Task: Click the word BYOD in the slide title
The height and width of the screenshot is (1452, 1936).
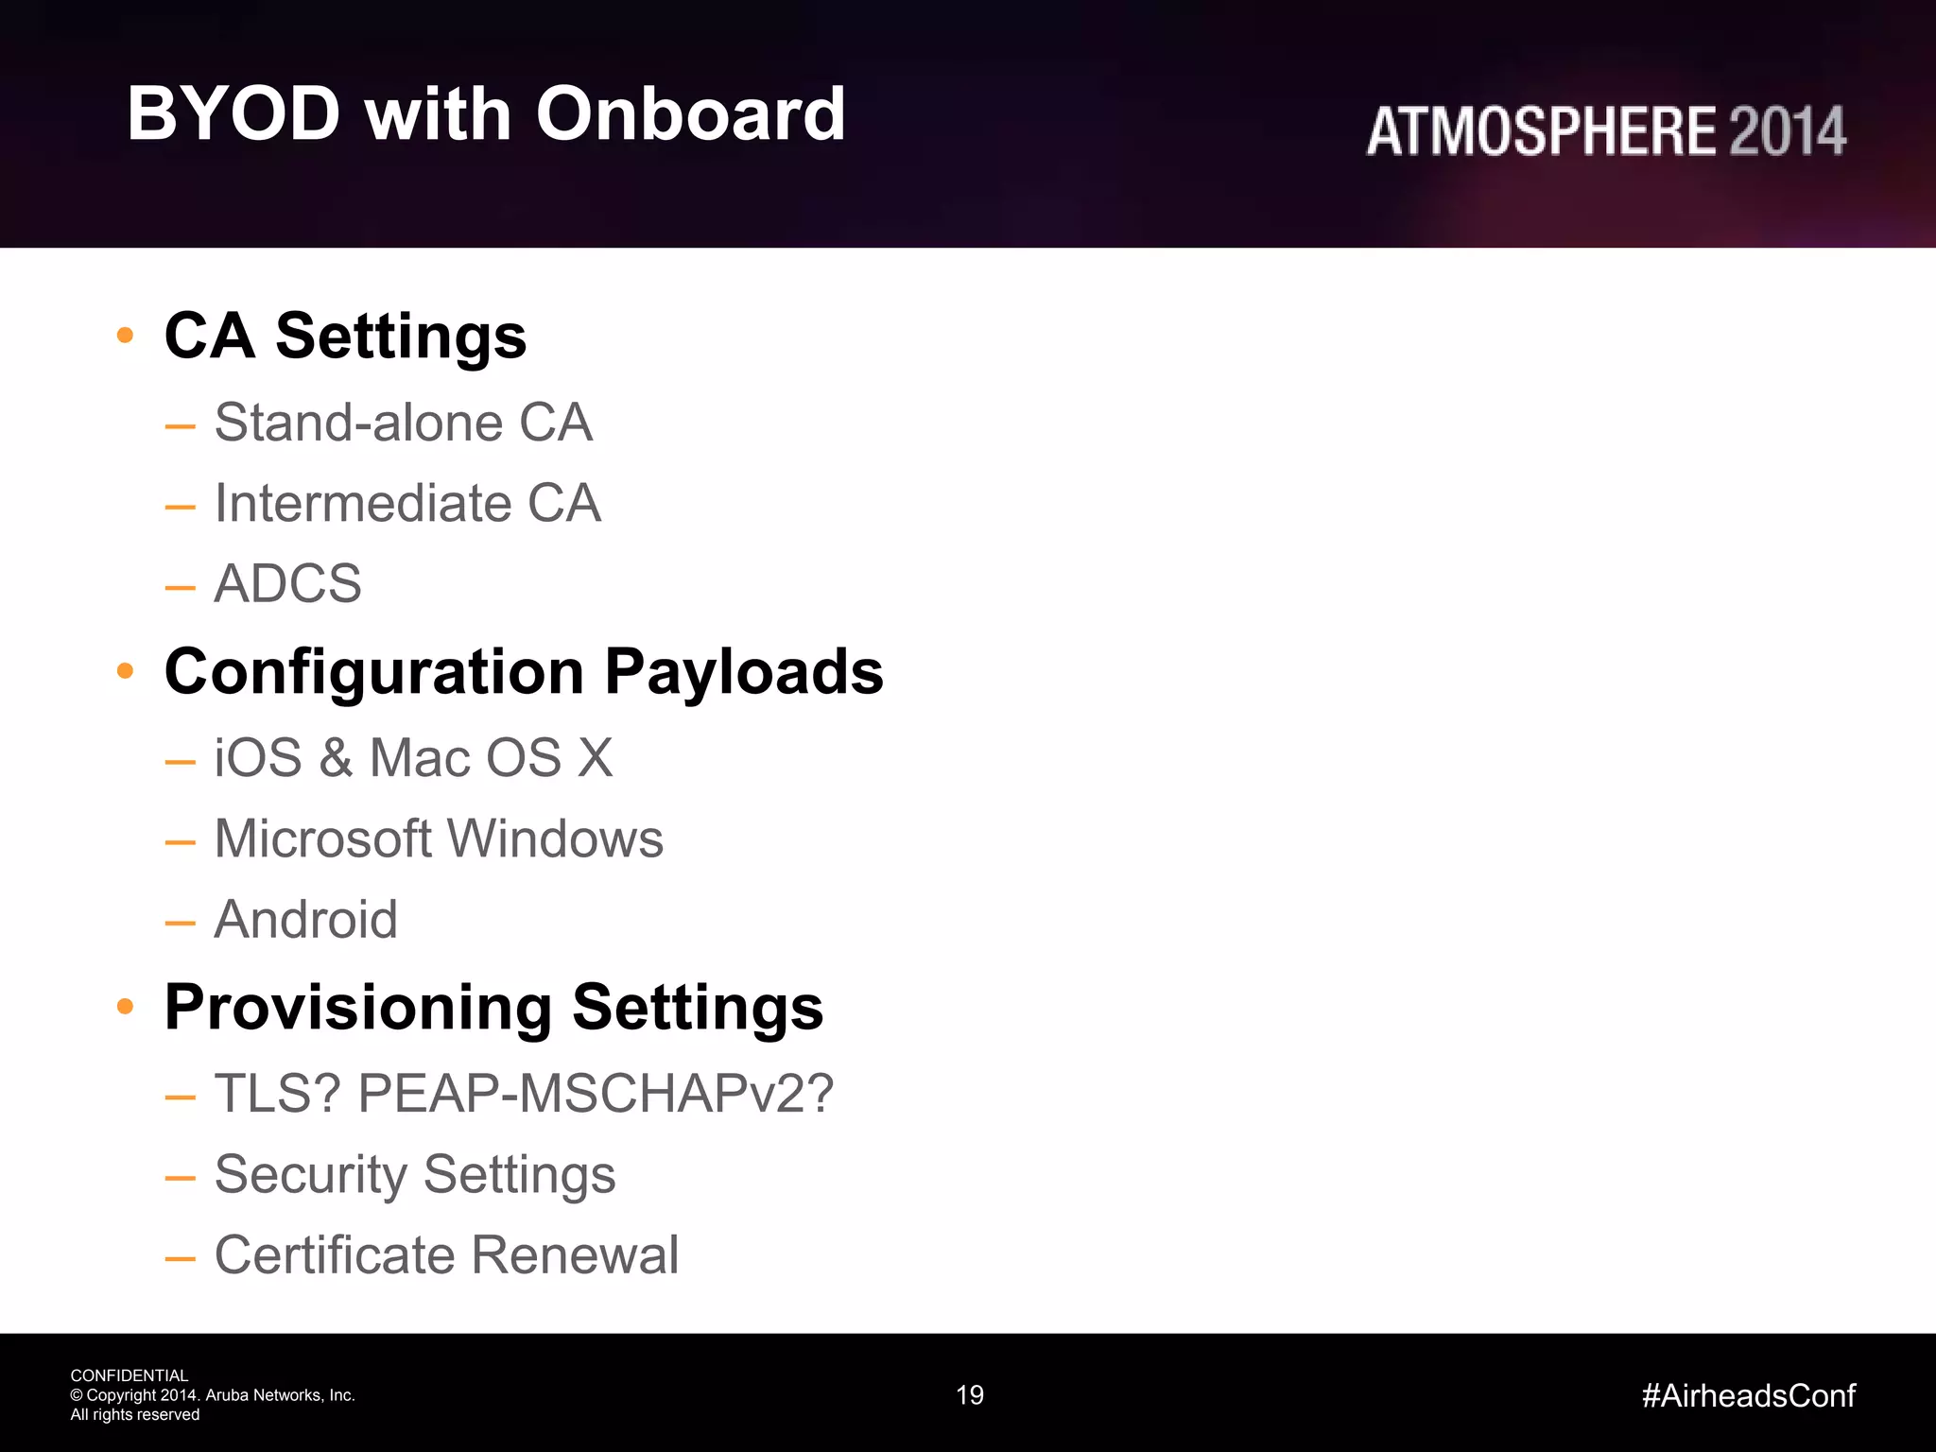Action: click(233, 114)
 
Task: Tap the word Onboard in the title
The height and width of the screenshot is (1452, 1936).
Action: click(690, 114)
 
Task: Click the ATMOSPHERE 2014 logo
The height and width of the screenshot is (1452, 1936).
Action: click(1605, 130)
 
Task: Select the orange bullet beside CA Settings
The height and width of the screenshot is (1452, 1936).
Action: click(125, 335)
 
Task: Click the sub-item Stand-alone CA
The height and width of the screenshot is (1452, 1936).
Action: click(404, 423)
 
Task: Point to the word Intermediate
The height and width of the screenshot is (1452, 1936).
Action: click(363, 503)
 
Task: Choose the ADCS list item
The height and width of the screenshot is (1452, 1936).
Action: click(287, 583)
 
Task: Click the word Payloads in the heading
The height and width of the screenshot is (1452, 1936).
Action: click(743, 672)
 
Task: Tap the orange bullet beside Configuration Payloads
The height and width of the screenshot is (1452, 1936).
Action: click(125, 670)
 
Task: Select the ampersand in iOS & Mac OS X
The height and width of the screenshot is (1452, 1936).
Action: click(336, 758)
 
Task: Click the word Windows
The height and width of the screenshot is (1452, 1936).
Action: click(555, 838)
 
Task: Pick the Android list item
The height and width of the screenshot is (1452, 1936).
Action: click(305, 919)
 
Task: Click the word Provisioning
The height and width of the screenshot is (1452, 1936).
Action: click(358, 1009)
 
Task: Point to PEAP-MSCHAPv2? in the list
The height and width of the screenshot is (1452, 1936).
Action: click(596, 1094)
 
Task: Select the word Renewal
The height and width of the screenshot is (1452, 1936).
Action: click(575, 1255)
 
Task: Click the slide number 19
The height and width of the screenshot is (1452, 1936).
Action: click(970, 1395)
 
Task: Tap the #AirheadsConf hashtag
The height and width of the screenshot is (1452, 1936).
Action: click(1748, 1395)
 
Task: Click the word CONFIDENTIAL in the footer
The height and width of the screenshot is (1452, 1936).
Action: click(130, 1375)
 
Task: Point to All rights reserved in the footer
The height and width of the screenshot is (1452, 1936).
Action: click(135, 1415)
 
